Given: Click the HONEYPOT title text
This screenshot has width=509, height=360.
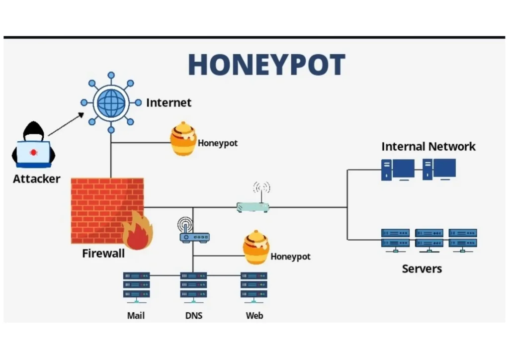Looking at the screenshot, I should (x=266, y=65).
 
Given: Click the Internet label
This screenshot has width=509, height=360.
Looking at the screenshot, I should (x=169, y=103).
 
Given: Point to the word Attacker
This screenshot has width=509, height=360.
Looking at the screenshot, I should (x=36, y=179).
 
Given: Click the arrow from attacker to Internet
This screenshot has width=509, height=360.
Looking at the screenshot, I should (x=66, y=124).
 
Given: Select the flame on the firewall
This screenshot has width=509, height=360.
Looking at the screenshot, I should (x=137, y=231).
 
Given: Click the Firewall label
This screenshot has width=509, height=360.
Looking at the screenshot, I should (x=103, y=254).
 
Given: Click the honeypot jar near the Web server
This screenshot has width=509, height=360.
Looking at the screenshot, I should (x=256, y=247).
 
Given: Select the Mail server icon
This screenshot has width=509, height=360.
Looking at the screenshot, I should (x=136, y=287).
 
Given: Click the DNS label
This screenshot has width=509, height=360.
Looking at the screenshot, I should (x=193, y=316).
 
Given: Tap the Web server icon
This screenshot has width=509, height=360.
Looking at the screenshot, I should (x=254, y=287).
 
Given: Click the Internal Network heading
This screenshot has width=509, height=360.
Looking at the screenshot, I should (x=428, y=147).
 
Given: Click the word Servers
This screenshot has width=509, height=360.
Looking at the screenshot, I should (x=422, y=269).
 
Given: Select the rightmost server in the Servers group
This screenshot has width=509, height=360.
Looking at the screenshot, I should (x=463, y=239).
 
